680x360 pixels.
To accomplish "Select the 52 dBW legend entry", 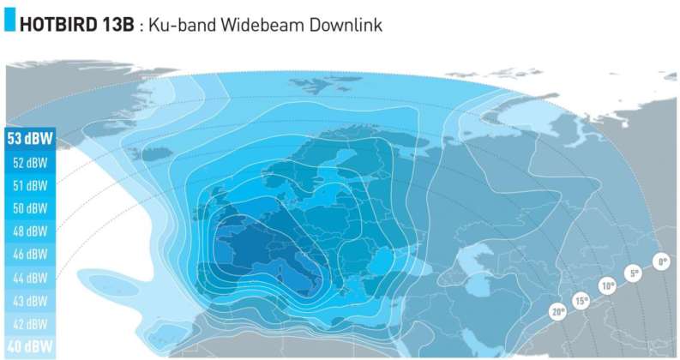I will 26,162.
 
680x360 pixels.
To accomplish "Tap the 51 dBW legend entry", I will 26,185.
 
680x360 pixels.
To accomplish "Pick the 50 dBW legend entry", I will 26,208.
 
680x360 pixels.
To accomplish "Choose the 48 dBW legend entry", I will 26,231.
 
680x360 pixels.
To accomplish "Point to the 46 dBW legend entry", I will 26,255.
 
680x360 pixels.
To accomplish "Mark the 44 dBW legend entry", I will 26,279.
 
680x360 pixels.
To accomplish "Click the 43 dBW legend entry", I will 26,302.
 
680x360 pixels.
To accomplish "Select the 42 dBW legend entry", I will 26,325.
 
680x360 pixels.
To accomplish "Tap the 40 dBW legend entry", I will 26,347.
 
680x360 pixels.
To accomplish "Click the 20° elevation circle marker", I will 558,313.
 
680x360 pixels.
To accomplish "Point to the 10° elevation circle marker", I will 607,286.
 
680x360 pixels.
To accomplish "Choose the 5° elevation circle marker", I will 634,274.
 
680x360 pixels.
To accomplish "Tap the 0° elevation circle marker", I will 660,261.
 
